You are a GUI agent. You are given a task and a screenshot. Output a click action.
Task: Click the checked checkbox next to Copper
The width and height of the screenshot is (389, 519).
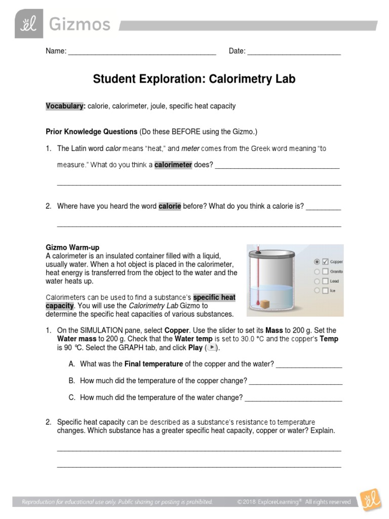coord(325,262)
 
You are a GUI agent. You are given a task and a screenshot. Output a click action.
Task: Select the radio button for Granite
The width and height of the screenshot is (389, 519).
coord(317,271)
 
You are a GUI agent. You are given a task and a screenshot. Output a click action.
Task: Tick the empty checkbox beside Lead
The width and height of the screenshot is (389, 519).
coord(325,281)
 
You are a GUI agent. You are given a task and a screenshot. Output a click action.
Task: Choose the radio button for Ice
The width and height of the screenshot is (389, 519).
coord(317,290)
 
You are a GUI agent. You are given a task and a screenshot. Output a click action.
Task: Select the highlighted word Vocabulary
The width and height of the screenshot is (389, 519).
coord(65,106)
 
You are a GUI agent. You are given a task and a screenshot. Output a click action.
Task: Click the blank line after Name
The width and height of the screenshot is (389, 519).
coord(142,52)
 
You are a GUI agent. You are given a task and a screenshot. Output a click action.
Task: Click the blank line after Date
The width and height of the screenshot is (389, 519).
coord(294,52)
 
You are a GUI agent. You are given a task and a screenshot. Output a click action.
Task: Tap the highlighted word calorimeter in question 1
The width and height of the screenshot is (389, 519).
coord(173,165)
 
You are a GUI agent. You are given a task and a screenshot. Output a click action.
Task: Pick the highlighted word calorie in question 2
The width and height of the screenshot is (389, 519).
coord(170,206)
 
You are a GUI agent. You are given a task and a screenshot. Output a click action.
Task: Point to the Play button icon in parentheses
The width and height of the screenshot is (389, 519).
coord(213,348)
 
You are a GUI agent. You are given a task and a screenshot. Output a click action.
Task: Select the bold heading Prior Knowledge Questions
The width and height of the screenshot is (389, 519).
coord(92,132)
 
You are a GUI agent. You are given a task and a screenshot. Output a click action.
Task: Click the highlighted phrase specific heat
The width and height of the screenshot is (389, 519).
coord(214,297)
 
